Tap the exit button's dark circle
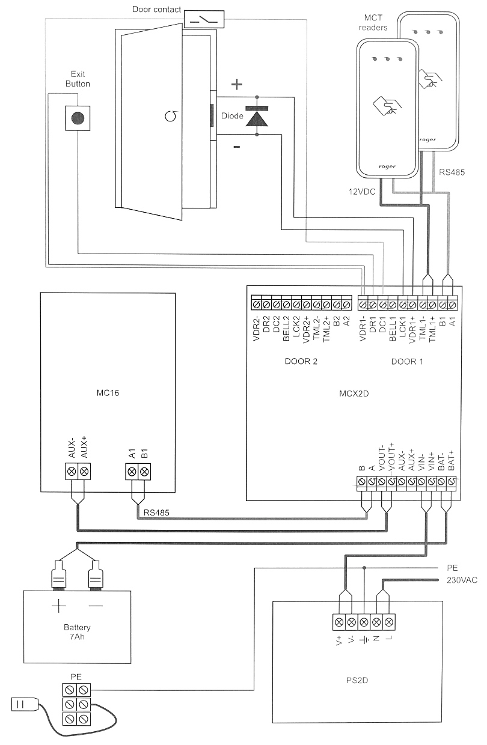point(78,118)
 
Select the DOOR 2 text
point(300,362)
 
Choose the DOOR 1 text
point(407,362)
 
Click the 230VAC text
point(461,580)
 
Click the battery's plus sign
point(58,606)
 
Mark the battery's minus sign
point(96,606)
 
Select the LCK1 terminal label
point(402,328)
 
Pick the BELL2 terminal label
point(286,328)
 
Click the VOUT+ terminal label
point(391,458)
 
